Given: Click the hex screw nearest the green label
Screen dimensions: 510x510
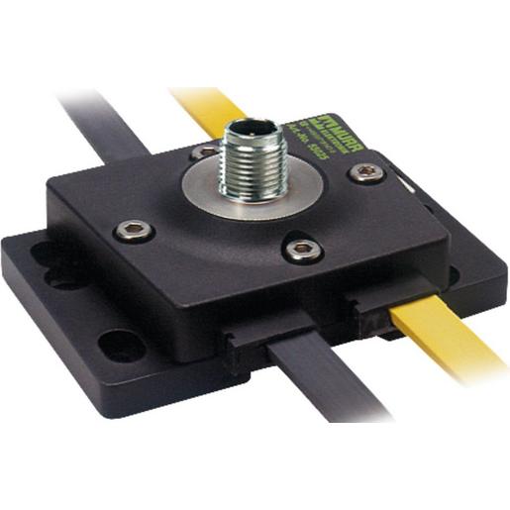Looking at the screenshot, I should click(x=367, y=172).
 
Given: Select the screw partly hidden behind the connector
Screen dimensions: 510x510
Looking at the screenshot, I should click(x=206, y=153).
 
